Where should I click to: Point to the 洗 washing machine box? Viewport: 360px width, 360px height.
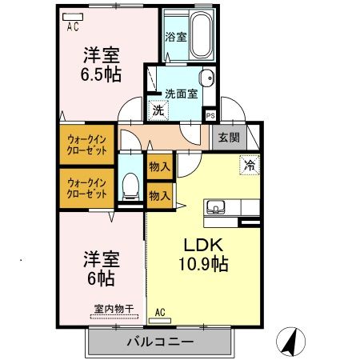coord(158,110)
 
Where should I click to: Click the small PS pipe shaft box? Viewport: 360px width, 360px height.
coord(210,114)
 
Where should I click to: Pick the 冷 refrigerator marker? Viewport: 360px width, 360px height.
coord(250,166)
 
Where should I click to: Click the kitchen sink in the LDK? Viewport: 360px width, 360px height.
coord(215,208)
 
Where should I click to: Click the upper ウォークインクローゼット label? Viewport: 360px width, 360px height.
coord(87,143)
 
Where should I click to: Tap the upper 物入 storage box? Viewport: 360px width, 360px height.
coord(159,167)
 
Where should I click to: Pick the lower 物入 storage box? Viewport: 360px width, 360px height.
coord(159,194)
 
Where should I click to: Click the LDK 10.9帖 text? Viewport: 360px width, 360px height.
coord(203,254)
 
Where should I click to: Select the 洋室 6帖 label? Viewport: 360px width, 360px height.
coord(102,269)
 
